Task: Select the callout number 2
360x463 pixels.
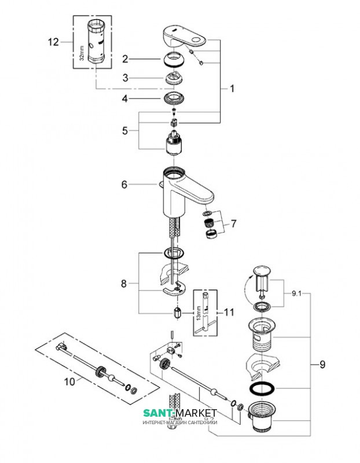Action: coord(124,58)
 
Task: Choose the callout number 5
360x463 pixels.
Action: coord(124,131)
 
